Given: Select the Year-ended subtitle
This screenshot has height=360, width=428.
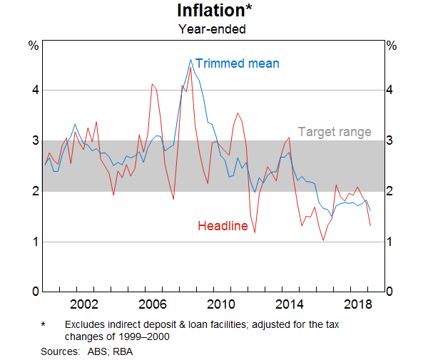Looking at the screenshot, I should tap(213, 29).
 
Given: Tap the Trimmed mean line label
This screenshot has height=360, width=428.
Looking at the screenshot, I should tap(237, 63).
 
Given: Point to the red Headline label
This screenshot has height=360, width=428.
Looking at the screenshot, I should tap(223, 226).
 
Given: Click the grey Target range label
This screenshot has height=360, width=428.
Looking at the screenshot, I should tap(335, 132).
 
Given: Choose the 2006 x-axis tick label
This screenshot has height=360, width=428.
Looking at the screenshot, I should tap(153, 304).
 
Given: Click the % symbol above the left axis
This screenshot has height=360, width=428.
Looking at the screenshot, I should tap(33, 46).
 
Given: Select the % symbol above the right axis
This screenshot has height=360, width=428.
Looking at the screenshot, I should tap(391, 46).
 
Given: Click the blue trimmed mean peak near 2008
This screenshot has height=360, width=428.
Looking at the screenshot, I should tap(190, 59).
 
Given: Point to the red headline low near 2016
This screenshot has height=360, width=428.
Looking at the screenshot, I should tap(323, 240).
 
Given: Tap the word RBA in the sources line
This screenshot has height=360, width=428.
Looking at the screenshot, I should tap(123, 351).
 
